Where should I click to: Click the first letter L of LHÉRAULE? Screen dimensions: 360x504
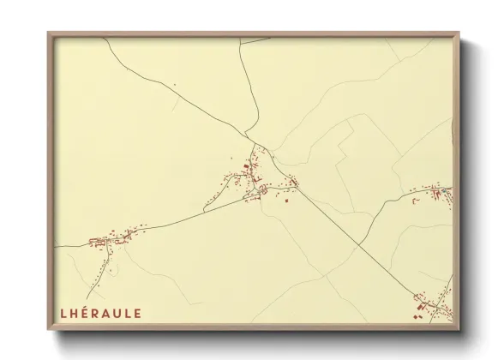63,314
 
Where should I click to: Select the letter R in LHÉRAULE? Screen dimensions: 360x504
98,314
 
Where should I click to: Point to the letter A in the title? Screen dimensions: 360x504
110,314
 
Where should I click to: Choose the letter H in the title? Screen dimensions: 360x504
75,314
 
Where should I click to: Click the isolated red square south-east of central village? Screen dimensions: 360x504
286,201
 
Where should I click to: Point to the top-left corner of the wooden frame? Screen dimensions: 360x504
49,33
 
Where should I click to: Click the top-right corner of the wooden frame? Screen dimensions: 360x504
459,33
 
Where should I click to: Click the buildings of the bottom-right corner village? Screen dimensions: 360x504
433,305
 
